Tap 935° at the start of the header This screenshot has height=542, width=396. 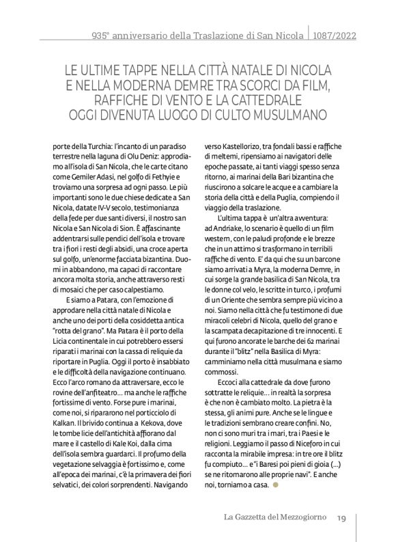[102, 33]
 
